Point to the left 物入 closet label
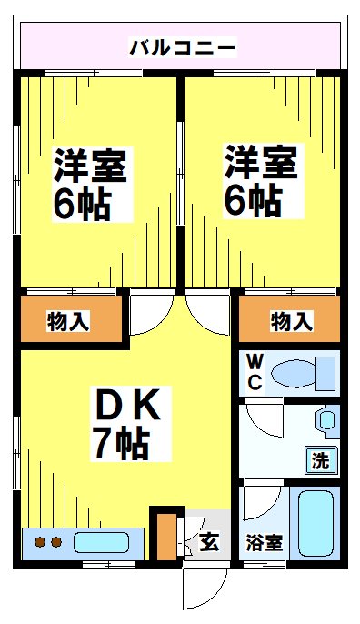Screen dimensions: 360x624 click(69, 320)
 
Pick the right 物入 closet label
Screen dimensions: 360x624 click(291, 320)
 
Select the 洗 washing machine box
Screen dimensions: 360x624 click(319, 459)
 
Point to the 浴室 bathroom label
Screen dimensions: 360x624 click(265, 543)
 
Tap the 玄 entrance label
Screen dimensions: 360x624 click(209, 544)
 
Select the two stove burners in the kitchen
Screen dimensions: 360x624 click(46, 543)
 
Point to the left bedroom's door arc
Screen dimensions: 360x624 click(145, 314)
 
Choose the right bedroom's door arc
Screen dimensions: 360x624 click(207, 314)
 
